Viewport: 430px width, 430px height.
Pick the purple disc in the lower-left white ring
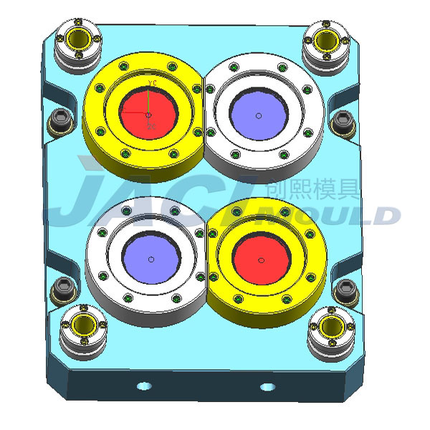click(150, 258)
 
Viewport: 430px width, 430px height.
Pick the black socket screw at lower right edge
click(347, 290)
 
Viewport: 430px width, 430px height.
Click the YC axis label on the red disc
click(152, 85)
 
